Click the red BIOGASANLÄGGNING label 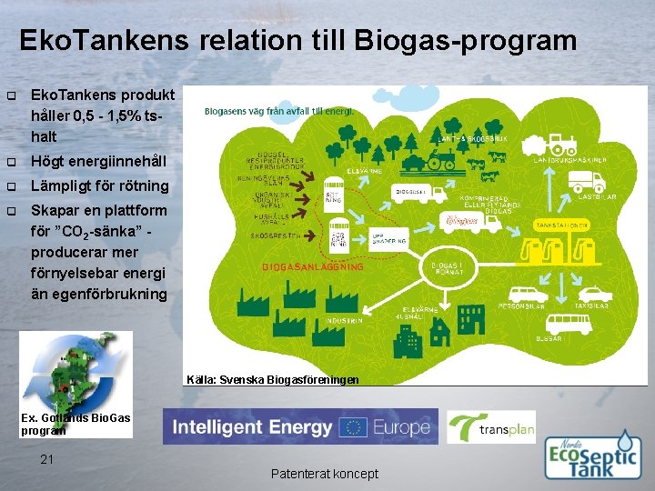point(312,267)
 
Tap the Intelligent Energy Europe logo point(299,426)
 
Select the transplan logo point(491,427)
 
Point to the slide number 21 point(48,459)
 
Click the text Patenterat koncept point(325,474)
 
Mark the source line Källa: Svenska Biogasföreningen point(272,379)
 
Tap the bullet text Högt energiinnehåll point(99,161)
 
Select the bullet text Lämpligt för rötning point(100,185)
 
